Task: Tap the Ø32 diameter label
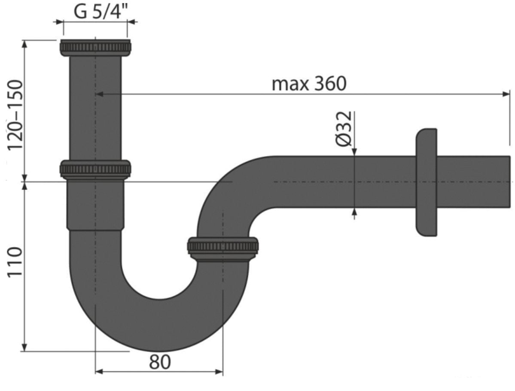click(344, 129)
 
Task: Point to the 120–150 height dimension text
click(16, 115)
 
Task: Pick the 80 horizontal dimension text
click(160, 363)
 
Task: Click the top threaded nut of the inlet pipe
click(95, 47)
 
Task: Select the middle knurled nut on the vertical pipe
click(95, 169)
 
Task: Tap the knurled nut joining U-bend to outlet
click(223, 248)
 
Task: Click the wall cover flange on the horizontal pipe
click(426, 182)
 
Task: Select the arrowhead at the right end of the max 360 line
click(506, 93)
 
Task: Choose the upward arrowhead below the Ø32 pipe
click(354, 212)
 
